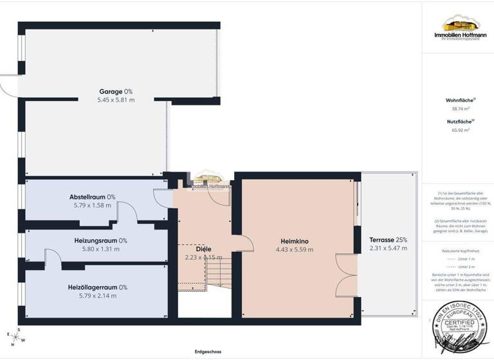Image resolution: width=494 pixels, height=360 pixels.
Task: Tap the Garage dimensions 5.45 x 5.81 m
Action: pos(116,100)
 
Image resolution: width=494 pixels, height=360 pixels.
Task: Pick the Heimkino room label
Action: pos(295,241)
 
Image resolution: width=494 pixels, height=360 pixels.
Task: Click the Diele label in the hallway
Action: pos(203,249)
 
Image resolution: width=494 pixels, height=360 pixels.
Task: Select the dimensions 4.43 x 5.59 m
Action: pos(295,249)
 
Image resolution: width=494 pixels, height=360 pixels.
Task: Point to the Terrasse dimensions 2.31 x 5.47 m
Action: pos(388,248)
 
